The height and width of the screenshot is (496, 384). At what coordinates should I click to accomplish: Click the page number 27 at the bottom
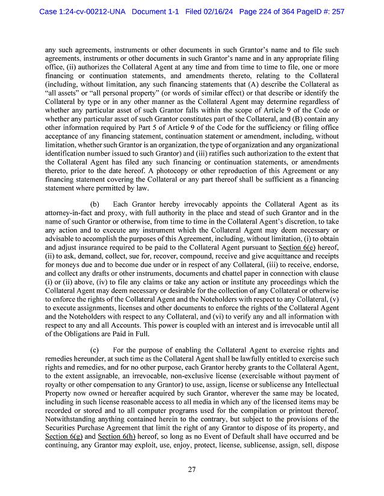point(191,470)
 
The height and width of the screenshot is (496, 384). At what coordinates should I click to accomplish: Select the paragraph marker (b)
point(94,205)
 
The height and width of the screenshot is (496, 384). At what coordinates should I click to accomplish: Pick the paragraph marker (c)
point(94,350)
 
